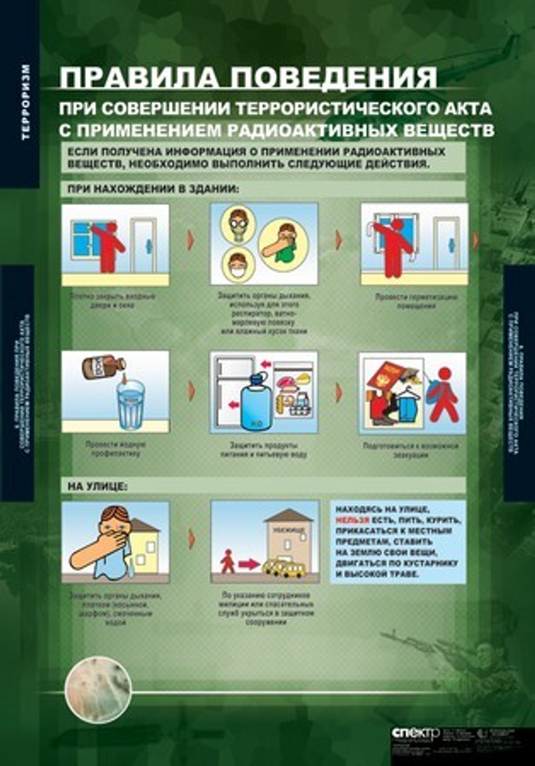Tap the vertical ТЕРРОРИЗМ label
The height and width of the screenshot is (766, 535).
point(26,102)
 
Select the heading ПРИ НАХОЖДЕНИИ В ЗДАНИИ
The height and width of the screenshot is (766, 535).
point(152,189)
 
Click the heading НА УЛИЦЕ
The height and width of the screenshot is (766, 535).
point(97,486)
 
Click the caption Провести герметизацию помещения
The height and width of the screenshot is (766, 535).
point(415,301)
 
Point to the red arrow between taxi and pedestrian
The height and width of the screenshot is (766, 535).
point(249,563)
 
